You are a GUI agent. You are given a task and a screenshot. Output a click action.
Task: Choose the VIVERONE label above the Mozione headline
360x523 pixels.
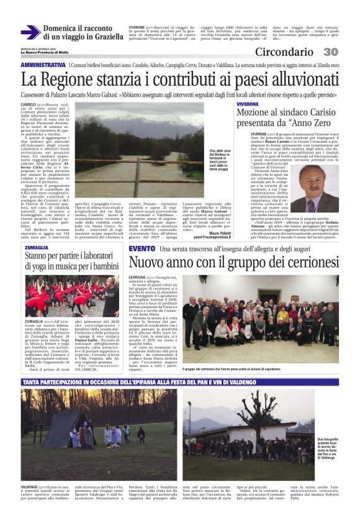(x=248, y=104)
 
